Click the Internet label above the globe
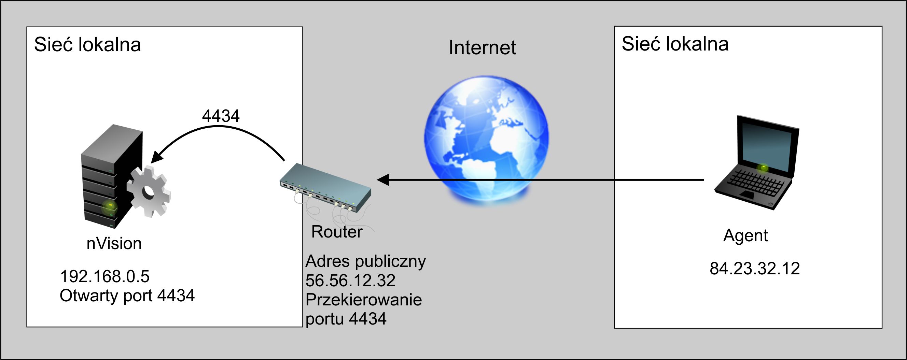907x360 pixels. point(482,47)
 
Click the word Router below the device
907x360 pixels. point(337,232)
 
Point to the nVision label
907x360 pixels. point(114,244)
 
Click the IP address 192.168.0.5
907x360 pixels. point(104,276)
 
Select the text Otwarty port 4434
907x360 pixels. point(127,296)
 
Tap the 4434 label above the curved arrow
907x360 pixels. point(221,116)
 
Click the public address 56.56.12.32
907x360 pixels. point(350,280)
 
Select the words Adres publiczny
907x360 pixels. point(365,261)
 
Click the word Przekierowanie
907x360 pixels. point(363,300)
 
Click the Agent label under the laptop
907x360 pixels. point(745,235)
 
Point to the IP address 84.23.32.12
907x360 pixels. point(755,269)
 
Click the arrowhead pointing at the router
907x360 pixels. point(383,180)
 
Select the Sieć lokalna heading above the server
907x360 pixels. point(87,45)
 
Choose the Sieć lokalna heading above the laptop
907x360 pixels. point(675,44)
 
